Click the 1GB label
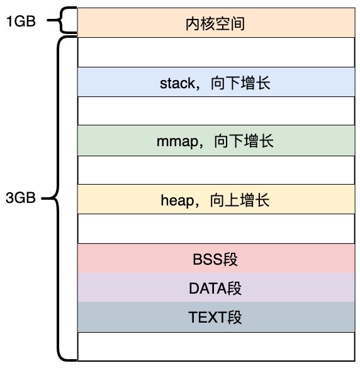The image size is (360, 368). (21, 21)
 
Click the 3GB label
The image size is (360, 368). (21, 198)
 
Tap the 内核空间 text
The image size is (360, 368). (215, 24)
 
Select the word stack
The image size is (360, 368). (177, 83)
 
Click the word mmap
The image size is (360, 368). (177, 142)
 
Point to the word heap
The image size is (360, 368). (177, 200)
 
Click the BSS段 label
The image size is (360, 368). (215, 260)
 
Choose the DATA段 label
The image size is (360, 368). (215, 288)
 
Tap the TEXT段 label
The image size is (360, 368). (215, 318)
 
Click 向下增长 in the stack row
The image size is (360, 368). (240, 83)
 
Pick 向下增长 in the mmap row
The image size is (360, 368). (244, 141)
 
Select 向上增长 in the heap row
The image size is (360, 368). (240, 200)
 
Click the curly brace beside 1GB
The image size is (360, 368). (62, 20)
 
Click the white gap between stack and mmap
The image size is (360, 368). (216, 111)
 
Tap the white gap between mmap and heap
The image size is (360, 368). (216, 170)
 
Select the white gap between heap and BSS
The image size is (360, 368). (216, 229)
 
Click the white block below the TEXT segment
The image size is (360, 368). (216, 347)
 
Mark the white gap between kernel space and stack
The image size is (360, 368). (216, 52)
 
